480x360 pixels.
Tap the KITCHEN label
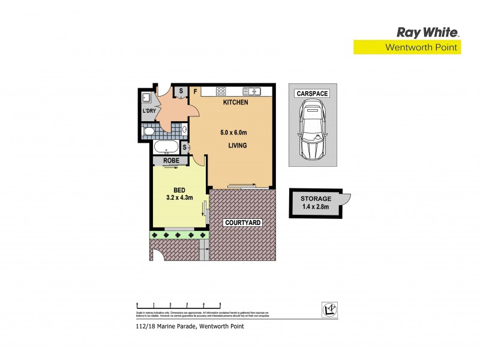(x=235, y=103)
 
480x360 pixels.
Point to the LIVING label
(x=238, y=146)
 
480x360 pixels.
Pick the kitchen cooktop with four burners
(x=220, y=92)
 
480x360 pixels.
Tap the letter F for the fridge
(x=195, y=92)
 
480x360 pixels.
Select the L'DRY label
(x=149, y=112)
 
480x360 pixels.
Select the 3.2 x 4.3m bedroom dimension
(x=179, y=196)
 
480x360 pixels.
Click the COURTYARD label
(x=242, y=223)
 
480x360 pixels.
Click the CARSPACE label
(x=311, y=94)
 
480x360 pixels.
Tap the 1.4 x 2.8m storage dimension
(x=316, y=208)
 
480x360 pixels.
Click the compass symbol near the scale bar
(x=328, y=308)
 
